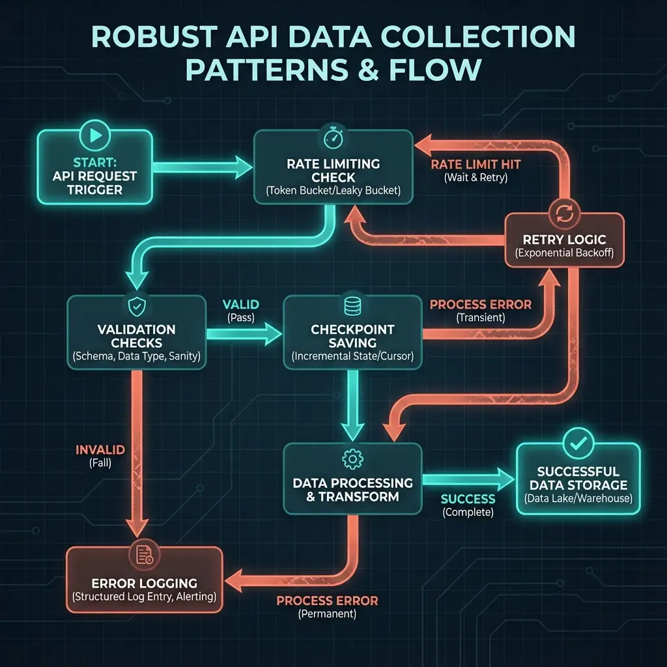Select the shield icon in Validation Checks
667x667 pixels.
point(137,304)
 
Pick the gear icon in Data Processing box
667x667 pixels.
point(352,459)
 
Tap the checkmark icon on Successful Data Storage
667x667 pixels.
point(577,443)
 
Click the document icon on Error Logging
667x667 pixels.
point(144,554)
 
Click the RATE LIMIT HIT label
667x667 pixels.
point(477,165)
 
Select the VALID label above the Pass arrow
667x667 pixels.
point(240,304)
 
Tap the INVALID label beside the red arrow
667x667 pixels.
point(100,450)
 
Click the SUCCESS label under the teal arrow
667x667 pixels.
point(468,499)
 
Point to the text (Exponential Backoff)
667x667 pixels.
point(564,253)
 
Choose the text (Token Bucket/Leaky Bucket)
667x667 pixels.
point(332,190)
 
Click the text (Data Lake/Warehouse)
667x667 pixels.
point(578,499)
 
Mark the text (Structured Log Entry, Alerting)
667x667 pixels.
point(144,597)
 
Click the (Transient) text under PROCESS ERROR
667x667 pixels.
point(481,318)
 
